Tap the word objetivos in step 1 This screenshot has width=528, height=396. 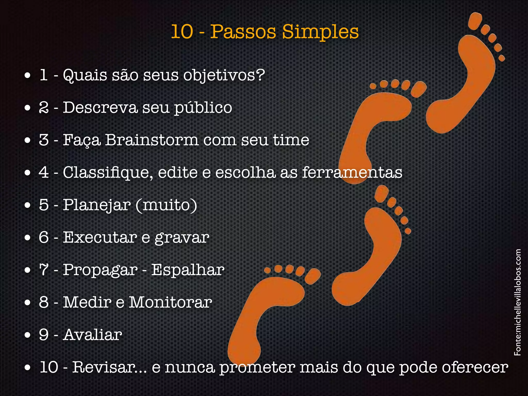click(224, 75)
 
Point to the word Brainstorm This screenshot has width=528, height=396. click(152, 140)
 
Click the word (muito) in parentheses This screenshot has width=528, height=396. click(166, 205)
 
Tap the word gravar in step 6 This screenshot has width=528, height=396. click(182, 238)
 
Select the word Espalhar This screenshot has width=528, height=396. click(188, 270)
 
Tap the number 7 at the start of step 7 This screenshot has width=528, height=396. click(44, 270)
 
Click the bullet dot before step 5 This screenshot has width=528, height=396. click(28, 206)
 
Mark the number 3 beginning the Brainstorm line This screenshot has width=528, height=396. click(44, 140)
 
